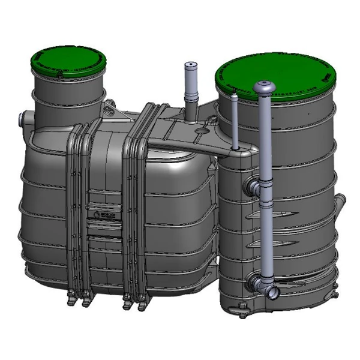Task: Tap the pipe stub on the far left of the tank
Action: [23, 117]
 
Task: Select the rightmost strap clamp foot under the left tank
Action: [142, 305]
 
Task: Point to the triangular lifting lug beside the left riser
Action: [109, 109]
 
